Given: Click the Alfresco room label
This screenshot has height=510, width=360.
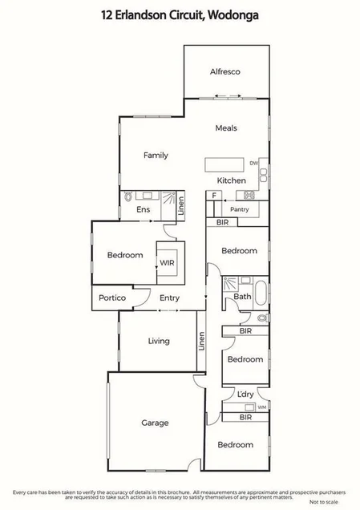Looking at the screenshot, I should (225, 71).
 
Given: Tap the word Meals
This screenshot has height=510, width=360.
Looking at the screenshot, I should (225, 127).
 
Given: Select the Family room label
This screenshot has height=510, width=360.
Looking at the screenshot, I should (156, 155).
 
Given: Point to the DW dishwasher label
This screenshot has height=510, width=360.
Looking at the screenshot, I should (253, 163).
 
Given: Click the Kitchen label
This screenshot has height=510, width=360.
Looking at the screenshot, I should (232, 180).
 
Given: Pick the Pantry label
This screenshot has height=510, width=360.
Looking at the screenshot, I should (239, 209).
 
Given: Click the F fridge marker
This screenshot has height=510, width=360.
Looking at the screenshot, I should (214, 195).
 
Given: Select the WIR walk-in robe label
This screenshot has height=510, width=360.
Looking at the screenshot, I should (167, 262).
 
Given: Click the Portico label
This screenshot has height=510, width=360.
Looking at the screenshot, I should (111, 297).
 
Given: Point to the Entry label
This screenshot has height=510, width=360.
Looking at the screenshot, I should (169, 297).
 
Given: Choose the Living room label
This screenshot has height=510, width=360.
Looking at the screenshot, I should (159, 341).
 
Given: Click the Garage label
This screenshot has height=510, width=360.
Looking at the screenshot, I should (155, 423).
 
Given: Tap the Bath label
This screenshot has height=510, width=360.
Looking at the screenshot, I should (242, 297).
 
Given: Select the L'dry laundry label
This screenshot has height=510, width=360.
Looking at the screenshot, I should (245, 394).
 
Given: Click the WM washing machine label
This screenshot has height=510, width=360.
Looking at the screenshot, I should (261, 407).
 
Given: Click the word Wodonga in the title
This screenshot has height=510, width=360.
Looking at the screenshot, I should (235, 14).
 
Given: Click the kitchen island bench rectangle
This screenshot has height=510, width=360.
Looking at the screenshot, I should (226, 164).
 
